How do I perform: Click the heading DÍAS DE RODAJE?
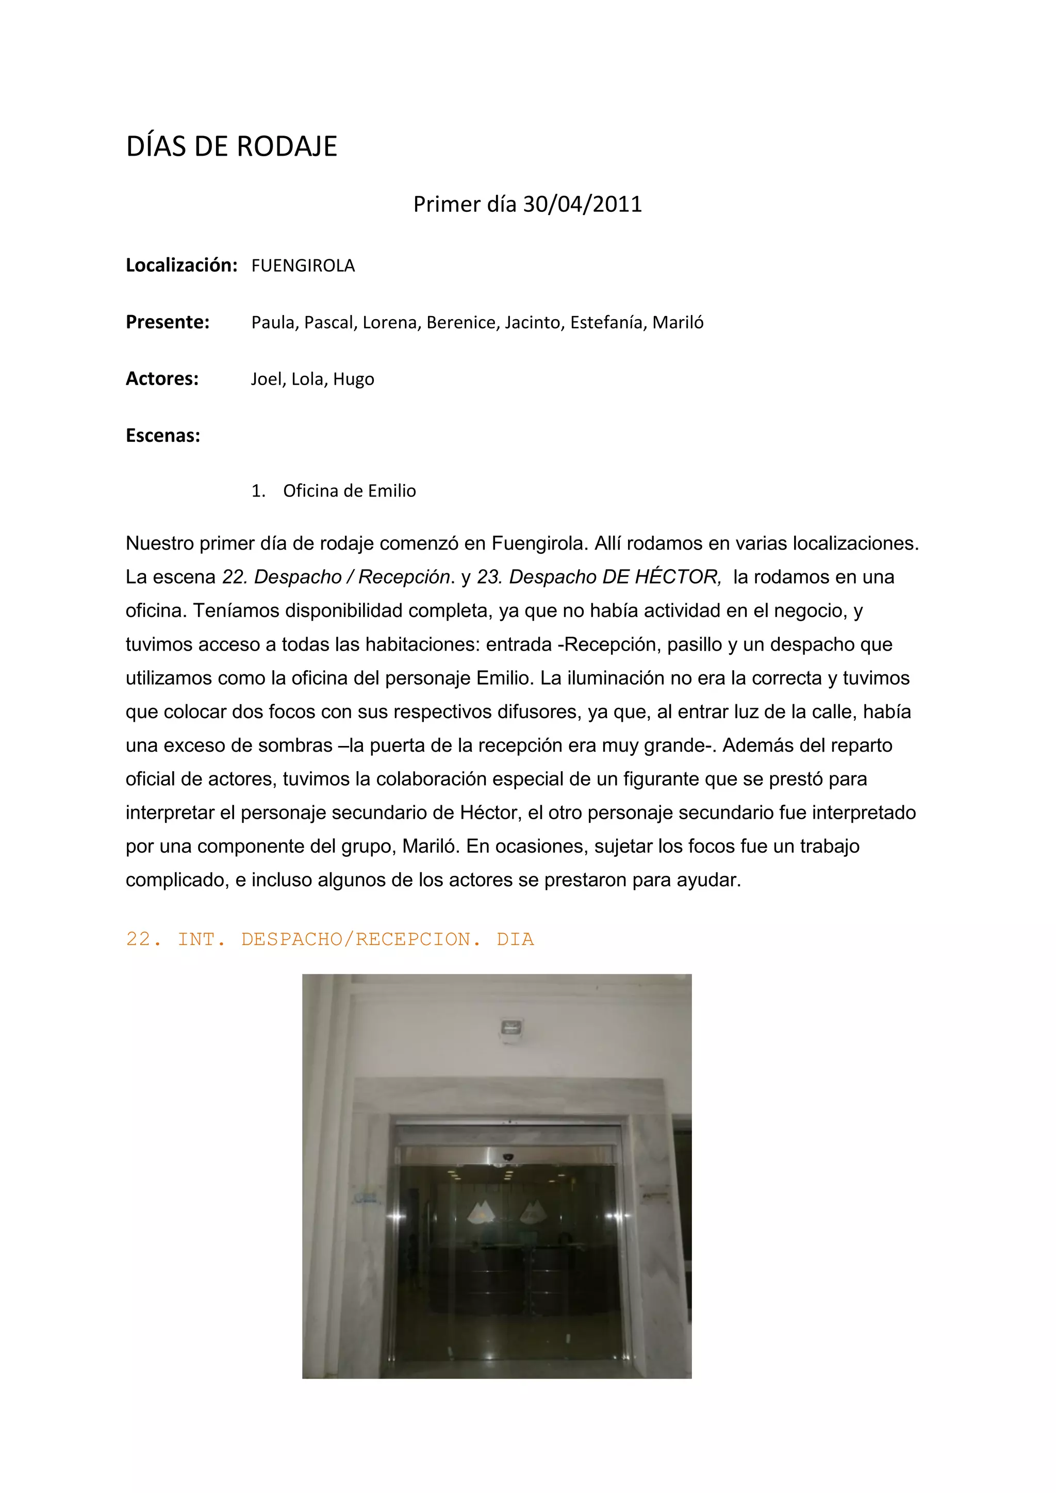pyautogui.click(x=232, y=147)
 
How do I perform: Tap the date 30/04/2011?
pyautogui.click(x=582, y=204)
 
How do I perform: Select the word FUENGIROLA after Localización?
pyautogui.click(x=303, y=266)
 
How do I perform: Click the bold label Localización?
pyautogui.click(x=181, y=266)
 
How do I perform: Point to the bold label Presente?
pyautogui.click(x=167, y=322)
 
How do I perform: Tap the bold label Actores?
pyautogui.click(x=162, y=378)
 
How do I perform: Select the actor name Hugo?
pyautogui.click(x=353, y=379)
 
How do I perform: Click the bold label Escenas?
pyautogui.click(x=162, y=436)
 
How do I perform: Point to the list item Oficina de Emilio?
pyautogui.click(x=349, y=491)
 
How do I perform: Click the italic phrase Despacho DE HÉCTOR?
pyautogui.click(x=615, y=577)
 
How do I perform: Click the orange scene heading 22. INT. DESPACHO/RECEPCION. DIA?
pyautogui.click(x=329, y=939)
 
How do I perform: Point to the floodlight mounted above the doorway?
pyautogui.click(x=511, y=1028)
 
